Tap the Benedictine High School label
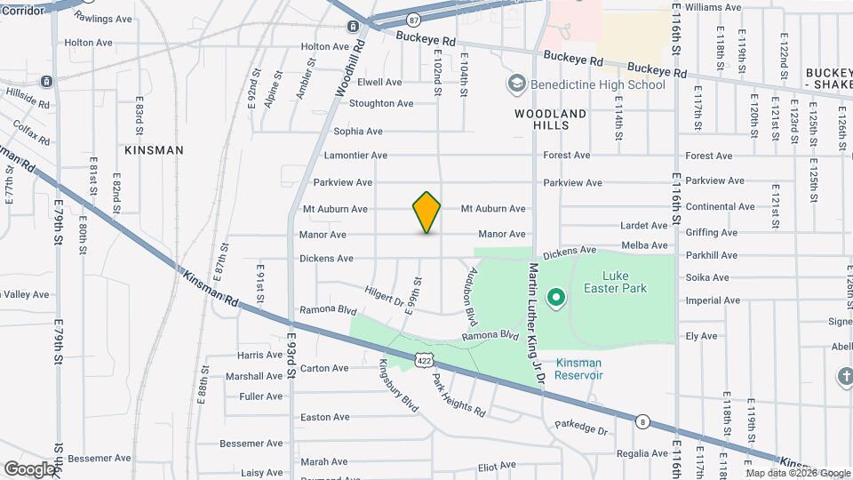pos(597,85)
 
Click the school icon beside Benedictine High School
pos(516,84)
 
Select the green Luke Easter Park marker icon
pos(556,297)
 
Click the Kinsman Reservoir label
pos(578,369)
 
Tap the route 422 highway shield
pos(423,361)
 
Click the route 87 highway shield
pos(413,20)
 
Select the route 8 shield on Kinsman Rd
pos(642,421)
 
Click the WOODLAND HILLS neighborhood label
pos(551,120)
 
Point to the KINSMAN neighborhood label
pos(154,150)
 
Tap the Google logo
pos(30,468)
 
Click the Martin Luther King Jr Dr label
pos(536,323)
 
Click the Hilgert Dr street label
pos(384,295)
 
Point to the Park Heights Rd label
pos(459,396)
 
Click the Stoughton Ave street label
pos(381,104)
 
